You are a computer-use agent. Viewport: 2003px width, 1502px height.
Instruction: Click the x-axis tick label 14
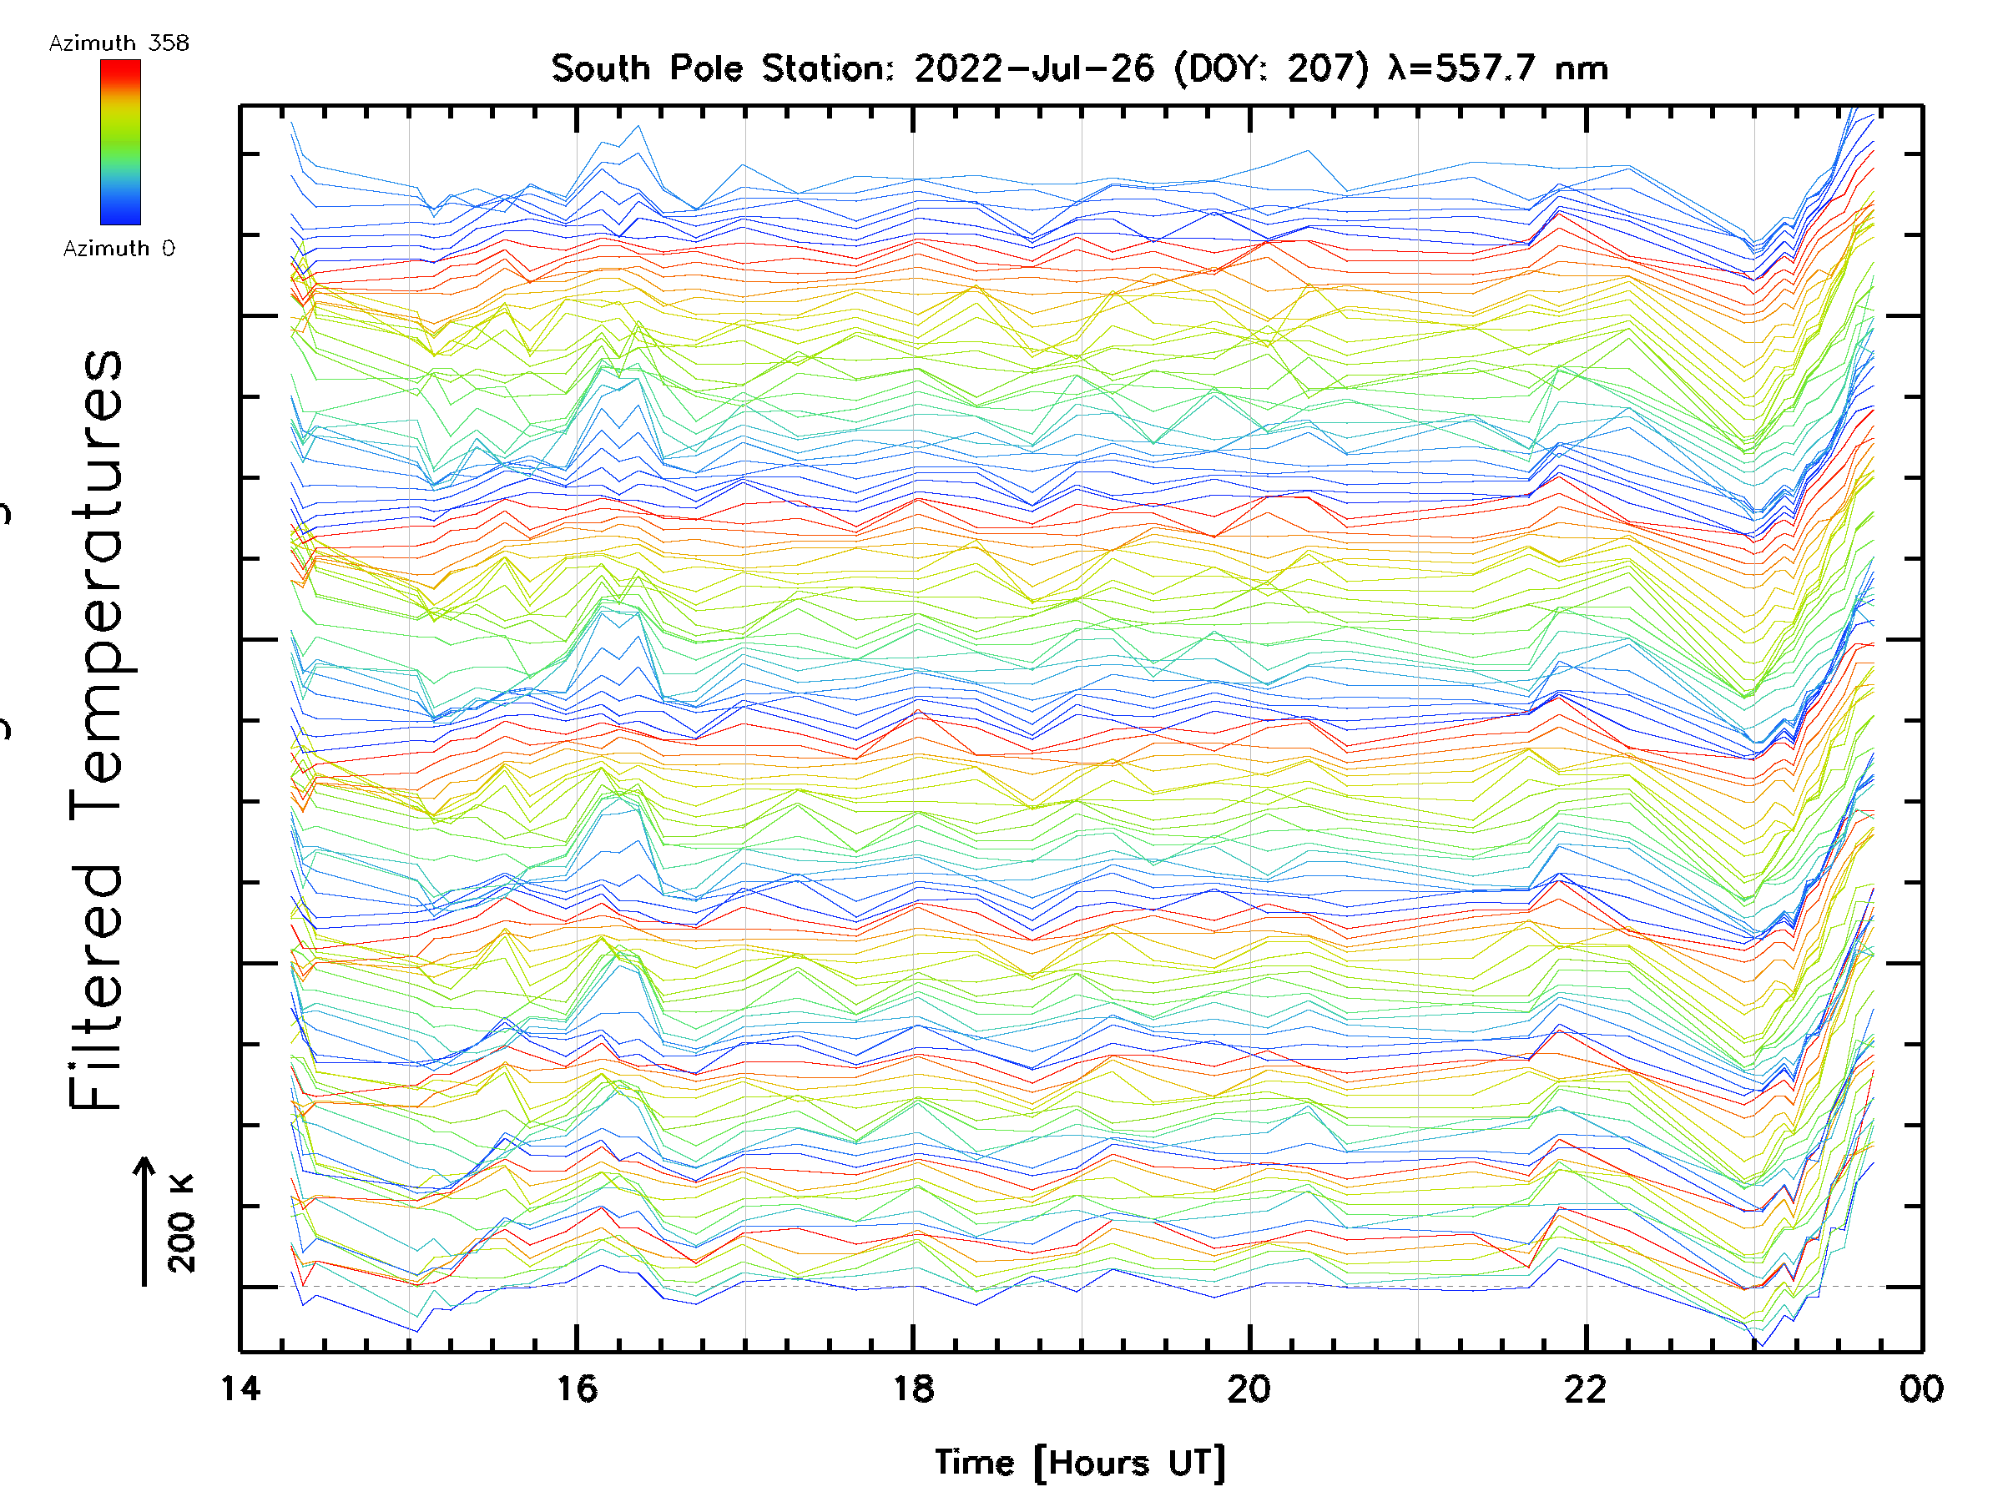[x=240, y=1389]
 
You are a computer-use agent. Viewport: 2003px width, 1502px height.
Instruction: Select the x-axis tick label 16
[x=577, y=1389]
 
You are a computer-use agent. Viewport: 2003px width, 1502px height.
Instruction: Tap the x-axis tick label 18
[x=913, y=1389]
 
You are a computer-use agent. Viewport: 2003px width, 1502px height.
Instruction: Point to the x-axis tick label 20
[x=1249, y=1389]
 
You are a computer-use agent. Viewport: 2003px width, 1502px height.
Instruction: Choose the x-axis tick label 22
[x=1586, y=1389]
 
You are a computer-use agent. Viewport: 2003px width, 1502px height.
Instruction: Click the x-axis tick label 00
[x=1921, y=1389]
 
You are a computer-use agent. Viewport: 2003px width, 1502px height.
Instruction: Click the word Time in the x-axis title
[x=974, y=1462]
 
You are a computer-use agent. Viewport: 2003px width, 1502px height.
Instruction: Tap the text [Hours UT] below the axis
[x=1130, y=1463]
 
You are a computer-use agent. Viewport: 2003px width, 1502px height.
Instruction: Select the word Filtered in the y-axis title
[x=96, y=986]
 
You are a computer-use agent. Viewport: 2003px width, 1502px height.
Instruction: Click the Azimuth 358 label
[x=119, y=43]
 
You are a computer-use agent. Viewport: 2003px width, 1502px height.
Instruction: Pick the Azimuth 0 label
[x=119, y=249]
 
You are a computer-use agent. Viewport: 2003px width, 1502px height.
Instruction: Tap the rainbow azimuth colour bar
[x=120, y=142]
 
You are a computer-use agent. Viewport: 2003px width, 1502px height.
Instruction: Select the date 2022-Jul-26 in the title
[x=1035, y=68]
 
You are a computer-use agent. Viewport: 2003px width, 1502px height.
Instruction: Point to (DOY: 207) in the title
[x=1272, y=68]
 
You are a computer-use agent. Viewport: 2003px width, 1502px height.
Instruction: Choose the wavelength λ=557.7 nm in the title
[x=1498, y=68]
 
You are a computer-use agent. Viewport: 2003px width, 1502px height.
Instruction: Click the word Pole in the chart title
[x=706, y=68]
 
